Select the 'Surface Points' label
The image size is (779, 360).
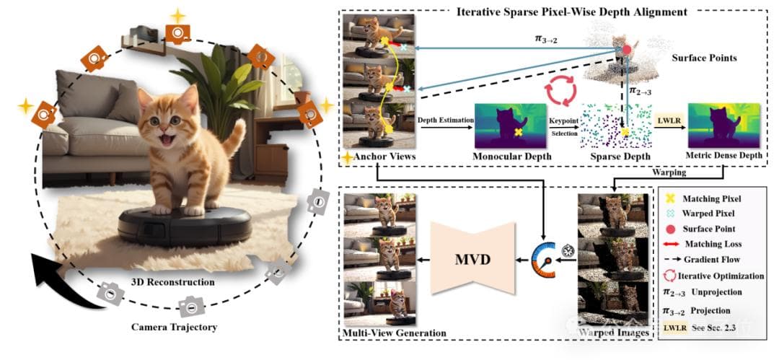tap(704, 57)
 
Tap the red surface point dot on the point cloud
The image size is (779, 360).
tap(626, 50)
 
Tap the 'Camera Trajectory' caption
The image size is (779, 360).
tap(173, 327)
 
